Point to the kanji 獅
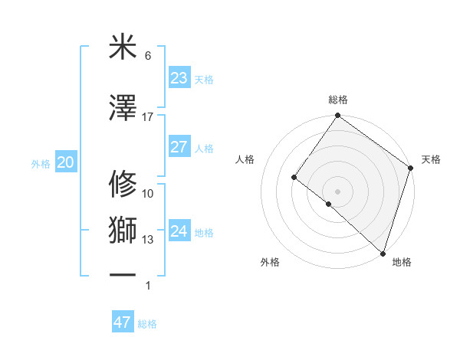tap(123, 231)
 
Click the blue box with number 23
tap(179, 77)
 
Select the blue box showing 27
tap(179, 147)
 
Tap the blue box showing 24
tap(179, 231)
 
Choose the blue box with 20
tap(65, 162)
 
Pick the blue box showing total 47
tap(123, 322)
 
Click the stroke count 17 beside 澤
tap(148, 116)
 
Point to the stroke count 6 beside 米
tap(148, 56)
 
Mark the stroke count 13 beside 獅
tap(148, 240)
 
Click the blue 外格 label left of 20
tap(41, 164)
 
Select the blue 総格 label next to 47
tap(147, 324)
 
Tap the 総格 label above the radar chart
tap(337, 100)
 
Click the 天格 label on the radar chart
tap(431, 159)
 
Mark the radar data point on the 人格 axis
tap(294, 178)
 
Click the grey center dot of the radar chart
tap(337, 190)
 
